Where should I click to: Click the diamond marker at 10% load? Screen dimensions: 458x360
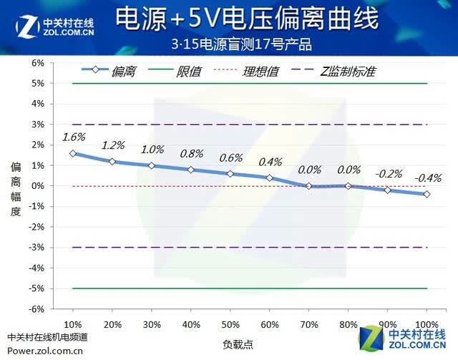point(73,153)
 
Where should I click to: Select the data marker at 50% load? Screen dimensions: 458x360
point(230,174)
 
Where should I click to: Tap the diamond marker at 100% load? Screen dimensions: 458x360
point(427,194)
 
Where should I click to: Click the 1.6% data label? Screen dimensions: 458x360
point(74,137)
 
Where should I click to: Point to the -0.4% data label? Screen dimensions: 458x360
point(428,177)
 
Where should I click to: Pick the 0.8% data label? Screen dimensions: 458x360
point(192,153)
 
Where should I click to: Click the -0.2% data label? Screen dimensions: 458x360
point(389,174)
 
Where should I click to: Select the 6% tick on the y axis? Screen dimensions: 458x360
point(38,63)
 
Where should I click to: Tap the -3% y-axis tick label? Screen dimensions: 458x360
point(36,248)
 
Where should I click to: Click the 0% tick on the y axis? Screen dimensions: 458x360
point(38,186)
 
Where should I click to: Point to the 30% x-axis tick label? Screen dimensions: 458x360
point(152,325)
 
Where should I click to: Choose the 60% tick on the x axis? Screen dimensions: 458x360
point(270,325)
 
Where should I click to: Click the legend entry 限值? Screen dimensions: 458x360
point(175,72)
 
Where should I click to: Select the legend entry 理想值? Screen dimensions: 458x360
point(246,72)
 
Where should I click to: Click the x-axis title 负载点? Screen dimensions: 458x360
point(238,345)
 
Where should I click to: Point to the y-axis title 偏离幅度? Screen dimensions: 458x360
point(16,190)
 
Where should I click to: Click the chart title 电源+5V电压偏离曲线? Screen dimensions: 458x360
point(247,19)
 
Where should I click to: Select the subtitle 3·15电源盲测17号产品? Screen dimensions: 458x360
point(241,44)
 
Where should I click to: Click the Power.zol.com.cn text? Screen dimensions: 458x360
point(45,351)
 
